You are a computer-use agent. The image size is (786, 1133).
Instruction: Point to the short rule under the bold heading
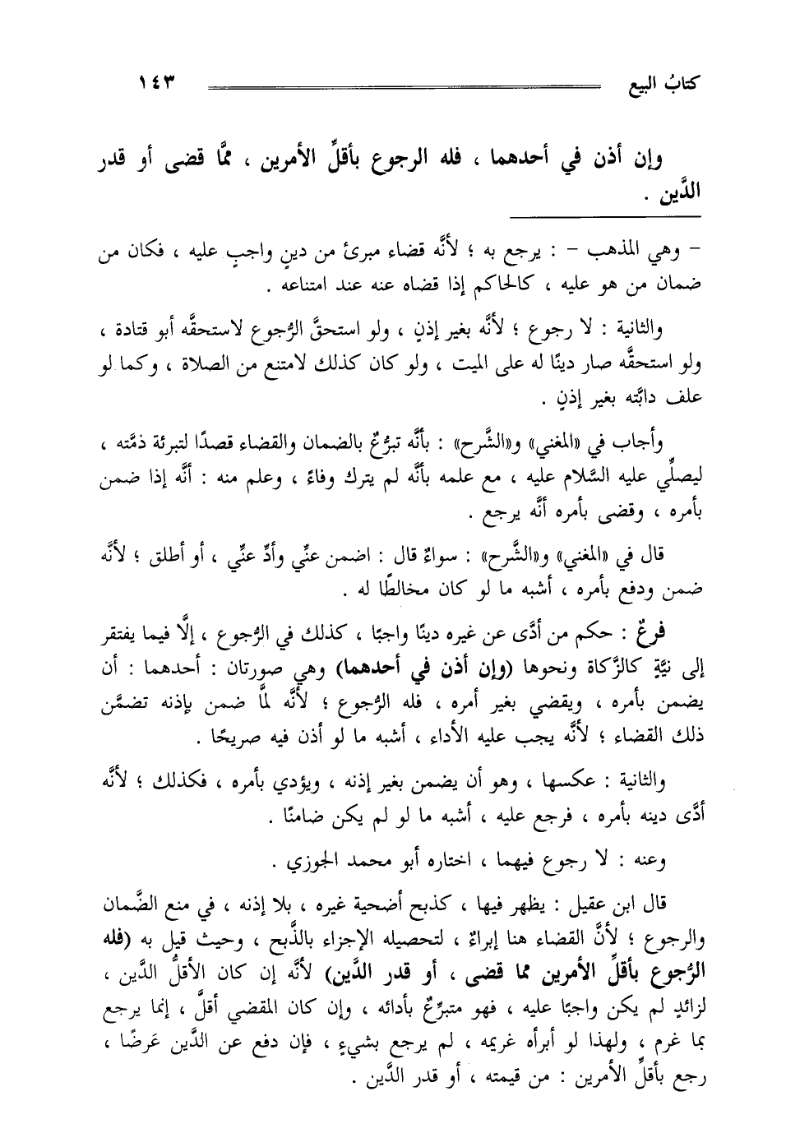(x=604, y=216)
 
